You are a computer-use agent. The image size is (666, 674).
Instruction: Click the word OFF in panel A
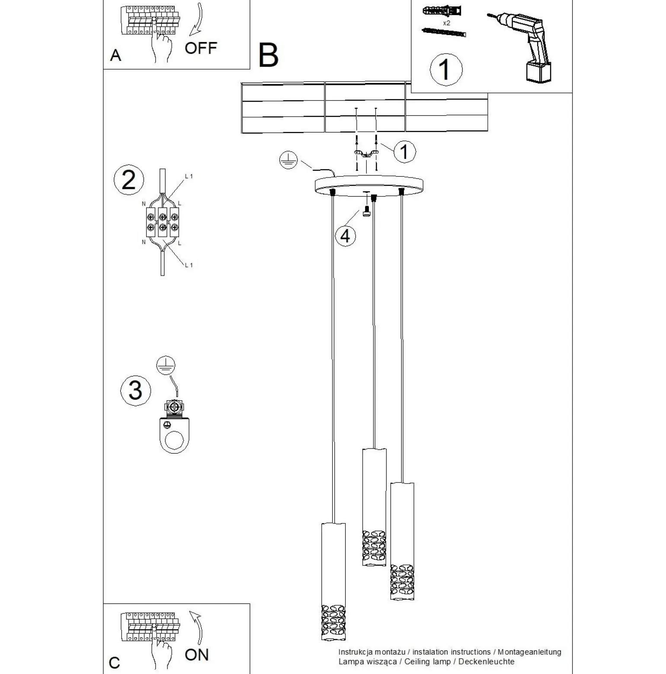pyautogui.click(x=200, y=48)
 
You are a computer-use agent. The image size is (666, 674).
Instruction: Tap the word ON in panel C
pyautogui.click(x=196, y=655)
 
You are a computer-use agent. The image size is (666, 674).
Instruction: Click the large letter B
pyautogui.click(x=268, y=55)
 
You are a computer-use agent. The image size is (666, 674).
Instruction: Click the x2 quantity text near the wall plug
pyautogui.click(x=446, y=23)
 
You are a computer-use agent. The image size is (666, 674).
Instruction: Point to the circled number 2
pyautogui.click(x=128, y=180)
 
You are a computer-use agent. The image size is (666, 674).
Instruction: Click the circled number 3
pyautogui.click(x=135, y=390)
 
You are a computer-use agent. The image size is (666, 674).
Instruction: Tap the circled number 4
pyautogui.click(x=346, y=236)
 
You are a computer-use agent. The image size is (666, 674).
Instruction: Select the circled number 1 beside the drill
pyautogui.click(x=446, y=69)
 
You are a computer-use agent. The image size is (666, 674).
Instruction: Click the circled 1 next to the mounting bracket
pyautogui.click(x=404, y=152)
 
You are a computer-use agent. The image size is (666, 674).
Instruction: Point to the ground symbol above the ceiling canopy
pyautogui.click(x=288, y=161)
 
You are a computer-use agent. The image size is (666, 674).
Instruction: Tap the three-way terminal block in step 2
pyautogui.click(x=162, y=221)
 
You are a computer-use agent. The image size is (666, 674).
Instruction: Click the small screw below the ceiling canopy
pyautogui.click(x=366, y=212)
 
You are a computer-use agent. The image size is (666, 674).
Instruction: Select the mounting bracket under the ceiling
pyautogui.click(x=366, y=153)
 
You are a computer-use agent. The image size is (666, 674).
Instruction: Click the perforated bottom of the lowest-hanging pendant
pyautogui.click(x=333, y=622)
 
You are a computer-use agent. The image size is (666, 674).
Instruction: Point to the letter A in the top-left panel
pyautogui.click(x=115, y=55)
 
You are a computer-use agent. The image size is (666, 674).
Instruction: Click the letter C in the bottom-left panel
pyautogui.click(x=114, y=662)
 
